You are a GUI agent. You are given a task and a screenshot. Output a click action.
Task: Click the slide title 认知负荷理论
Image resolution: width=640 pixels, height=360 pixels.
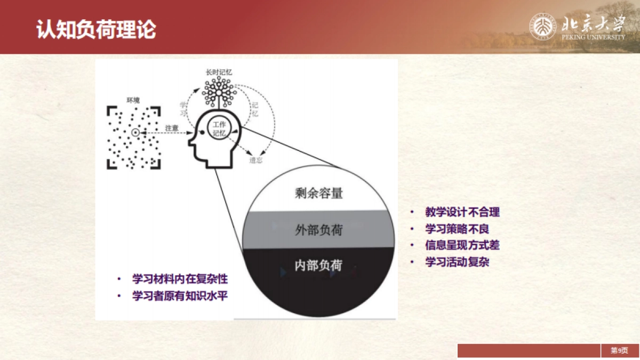(96, 30)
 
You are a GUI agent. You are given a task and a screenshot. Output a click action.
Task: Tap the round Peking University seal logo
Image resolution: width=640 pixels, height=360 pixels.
(543, 27)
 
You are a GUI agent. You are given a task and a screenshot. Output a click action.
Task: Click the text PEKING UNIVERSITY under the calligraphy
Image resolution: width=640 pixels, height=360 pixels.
(593, 37)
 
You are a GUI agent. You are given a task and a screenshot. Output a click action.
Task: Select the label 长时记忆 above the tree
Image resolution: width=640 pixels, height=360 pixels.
(219, 72)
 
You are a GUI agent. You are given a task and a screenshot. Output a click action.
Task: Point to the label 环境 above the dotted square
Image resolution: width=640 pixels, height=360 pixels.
(133, 100)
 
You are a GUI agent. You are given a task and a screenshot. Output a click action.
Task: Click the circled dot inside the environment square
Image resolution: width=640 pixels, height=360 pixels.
(135, 132)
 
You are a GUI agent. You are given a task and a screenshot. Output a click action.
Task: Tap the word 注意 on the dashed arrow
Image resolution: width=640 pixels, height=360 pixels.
(172, 128)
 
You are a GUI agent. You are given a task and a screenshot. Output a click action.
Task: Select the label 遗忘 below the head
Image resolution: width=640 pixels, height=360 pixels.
(255, 159)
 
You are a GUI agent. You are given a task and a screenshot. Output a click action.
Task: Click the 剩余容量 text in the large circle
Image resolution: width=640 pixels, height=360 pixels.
(318, 193)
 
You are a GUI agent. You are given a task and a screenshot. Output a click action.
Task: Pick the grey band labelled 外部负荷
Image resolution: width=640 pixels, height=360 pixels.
(318, 230)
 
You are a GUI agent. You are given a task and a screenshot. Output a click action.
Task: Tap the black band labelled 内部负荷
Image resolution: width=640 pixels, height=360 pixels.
(318, 265)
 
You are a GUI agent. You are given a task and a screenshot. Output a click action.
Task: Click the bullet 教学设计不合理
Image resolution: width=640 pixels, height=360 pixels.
(462, 212)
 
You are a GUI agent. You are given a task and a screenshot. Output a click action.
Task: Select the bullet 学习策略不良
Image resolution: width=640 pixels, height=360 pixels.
(457, 229)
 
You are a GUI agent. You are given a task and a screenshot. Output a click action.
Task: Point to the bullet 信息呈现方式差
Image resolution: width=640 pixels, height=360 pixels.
(462, 245)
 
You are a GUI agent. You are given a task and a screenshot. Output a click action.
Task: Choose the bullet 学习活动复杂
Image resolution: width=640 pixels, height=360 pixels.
(457, 262)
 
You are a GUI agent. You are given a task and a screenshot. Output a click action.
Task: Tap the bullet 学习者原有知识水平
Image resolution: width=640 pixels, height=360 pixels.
(180, 295)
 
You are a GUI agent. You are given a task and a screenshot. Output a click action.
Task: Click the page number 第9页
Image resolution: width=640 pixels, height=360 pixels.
(619, 350)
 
